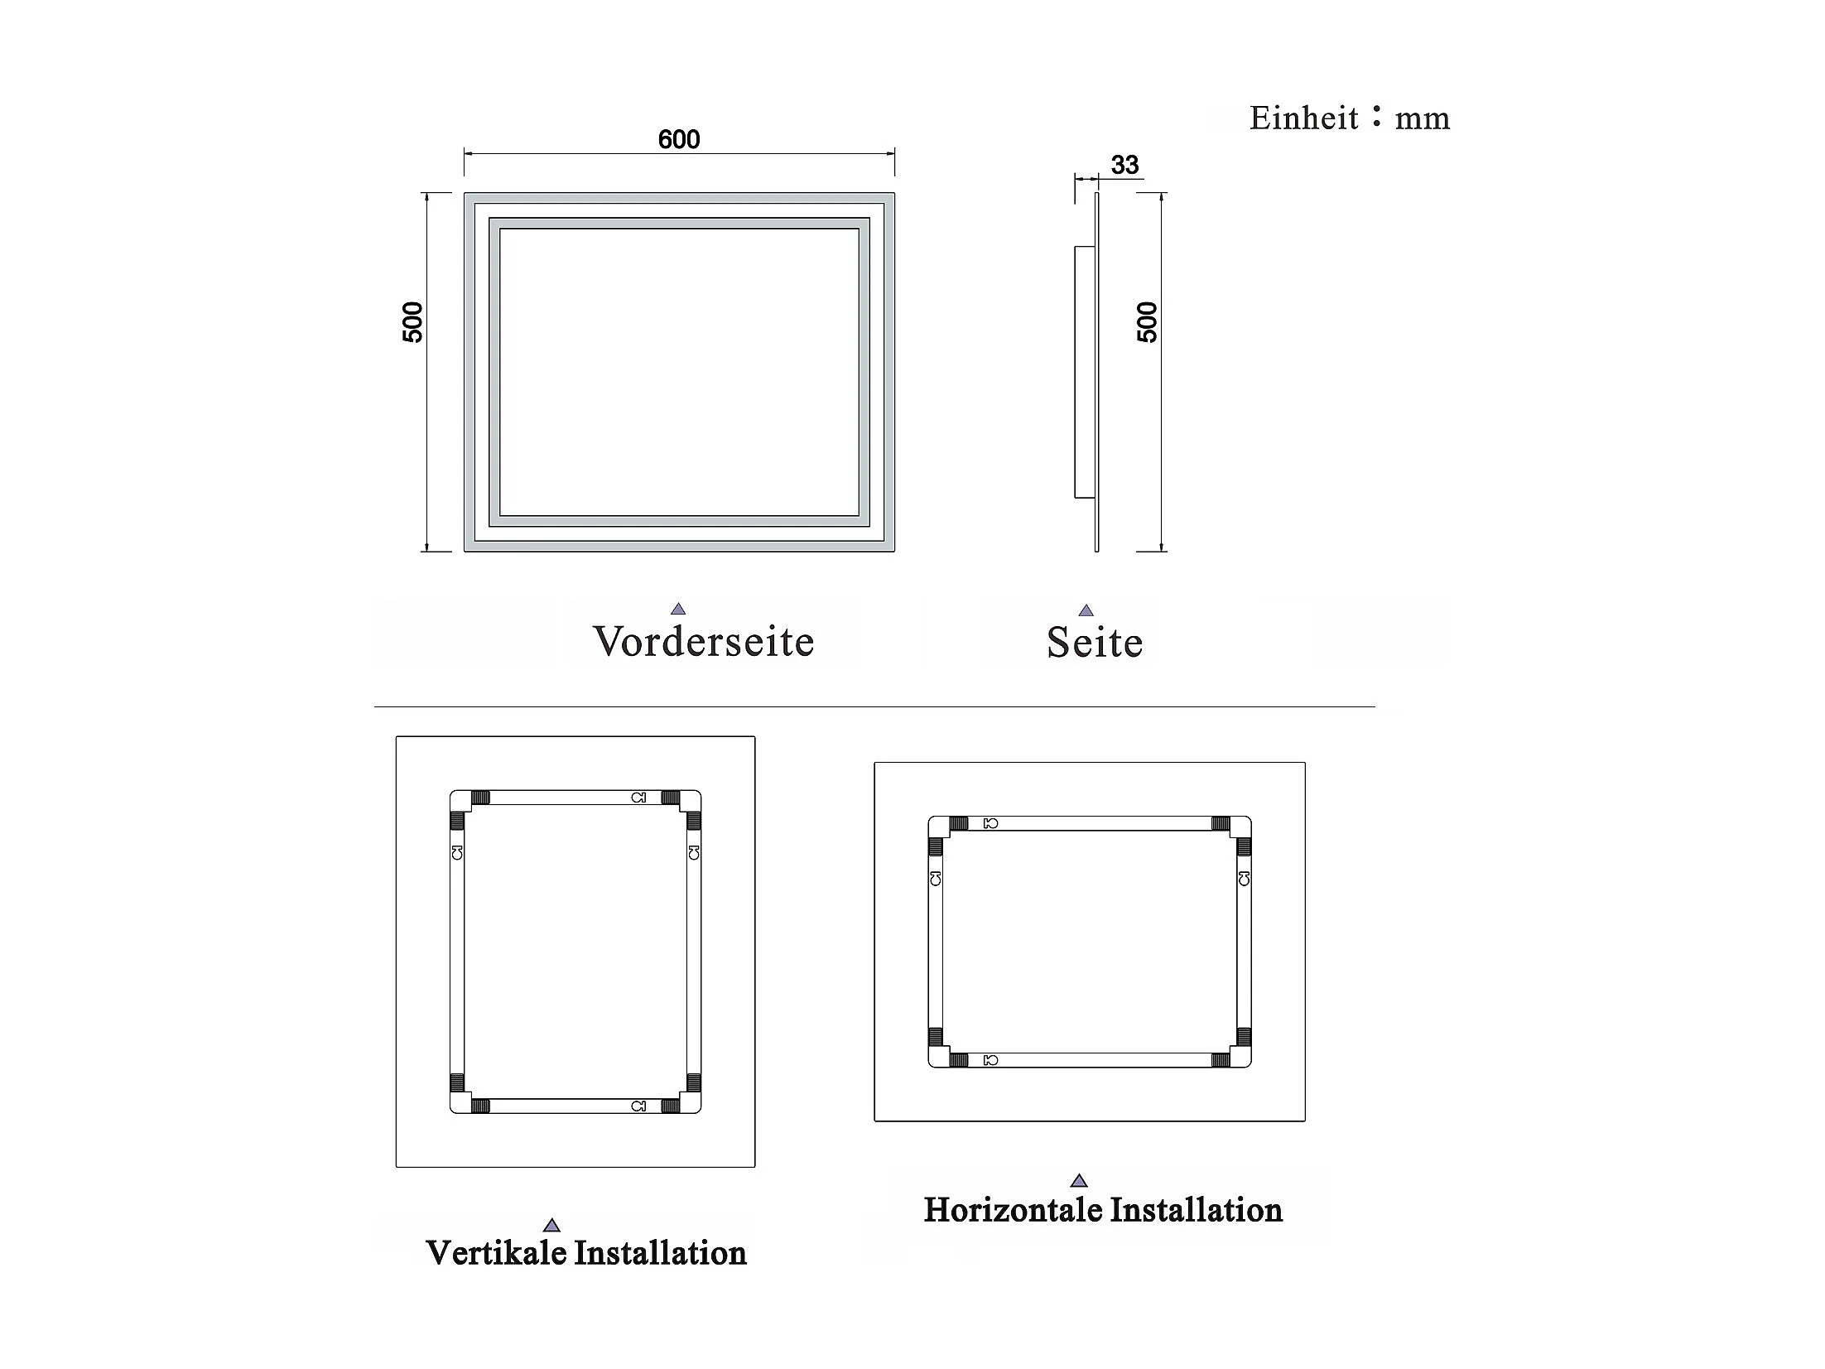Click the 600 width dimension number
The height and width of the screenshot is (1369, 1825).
click(679, 139)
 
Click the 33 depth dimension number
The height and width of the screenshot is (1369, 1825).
click(1124, 165)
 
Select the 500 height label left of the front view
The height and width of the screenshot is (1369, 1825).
click(412, 322)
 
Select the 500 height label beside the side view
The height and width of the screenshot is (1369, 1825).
click(1147, 322)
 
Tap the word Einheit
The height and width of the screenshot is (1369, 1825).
click(1303, 118)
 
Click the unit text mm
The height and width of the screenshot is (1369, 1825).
click(1423, 119)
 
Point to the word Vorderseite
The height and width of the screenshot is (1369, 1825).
click(704, 642)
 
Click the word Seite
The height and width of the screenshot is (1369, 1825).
click(1094, 643)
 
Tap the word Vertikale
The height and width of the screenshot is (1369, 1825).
click(496, 1253)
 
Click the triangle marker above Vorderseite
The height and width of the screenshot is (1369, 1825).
click(678, 609)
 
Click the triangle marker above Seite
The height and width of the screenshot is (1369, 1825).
click(1086, 610)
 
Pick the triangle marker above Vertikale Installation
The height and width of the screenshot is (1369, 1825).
click(551, 1226)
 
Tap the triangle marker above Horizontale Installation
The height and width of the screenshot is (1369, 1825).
click(1078, 1181)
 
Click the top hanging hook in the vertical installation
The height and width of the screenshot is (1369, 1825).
click(638, 798)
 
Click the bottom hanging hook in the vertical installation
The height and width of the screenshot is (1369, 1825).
click(638, 1106)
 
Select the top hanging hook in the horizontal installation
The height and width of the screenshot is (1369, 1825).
click(990, 823)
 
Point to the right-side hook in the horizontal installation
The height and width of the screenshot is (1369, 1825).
click(1244, 878)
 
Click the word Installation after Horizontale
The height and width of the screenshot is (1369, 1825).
click(1196, 1210)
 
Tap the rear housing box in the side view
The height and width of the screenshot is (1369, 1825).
click(1084, 372)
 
